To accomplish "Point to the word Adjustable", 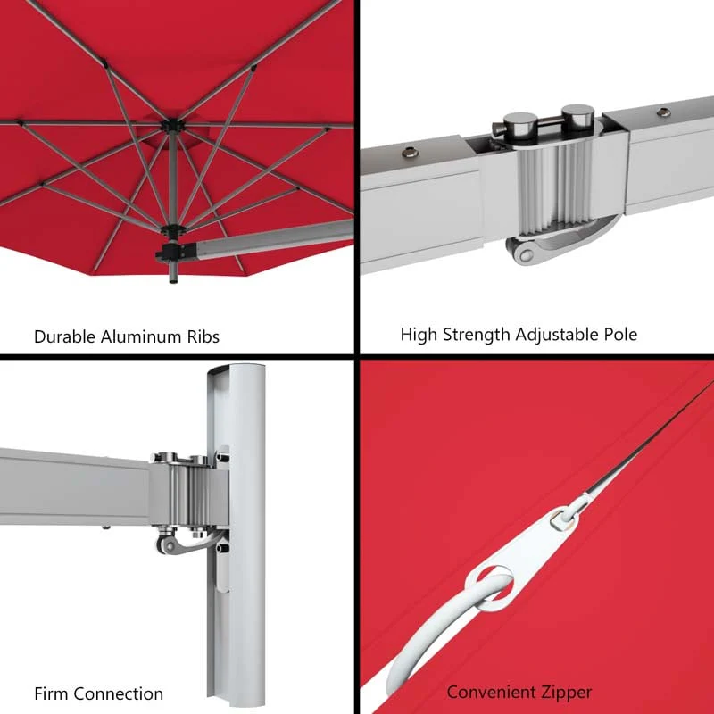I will point(558,335).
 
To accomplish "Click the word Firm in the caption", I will point(52,693).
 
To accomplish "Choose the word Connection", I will point(119,693).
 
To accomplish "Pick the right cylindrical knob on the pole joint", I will point(577,118).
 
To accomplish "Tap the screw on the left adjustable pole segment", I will point(411,154).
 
